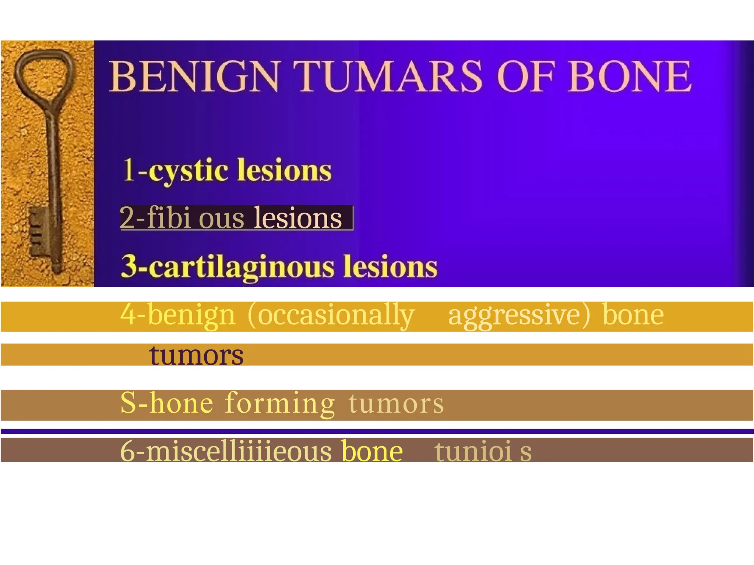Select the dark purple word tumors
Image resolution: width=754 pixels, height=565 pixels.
[196, 355]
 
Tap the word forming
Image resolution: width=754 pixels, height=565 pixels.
[280, 404]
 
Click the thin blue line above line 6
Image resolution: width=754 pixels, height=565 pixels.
[377, 431]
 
